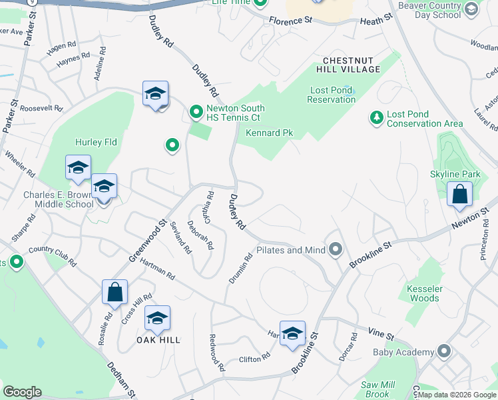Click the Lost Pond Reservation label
[x=331, y=95]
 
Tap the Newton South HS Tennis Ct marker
[x=196, y=112]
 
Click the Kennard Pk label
[x=269, y=133]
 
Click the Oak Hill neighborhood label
[x=159, y=340]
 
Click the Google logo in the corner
[x=22, y=392]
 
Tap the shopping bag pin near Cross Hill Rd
[x=115, y=291]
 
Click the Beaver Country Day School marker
[x=471, y=9]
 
